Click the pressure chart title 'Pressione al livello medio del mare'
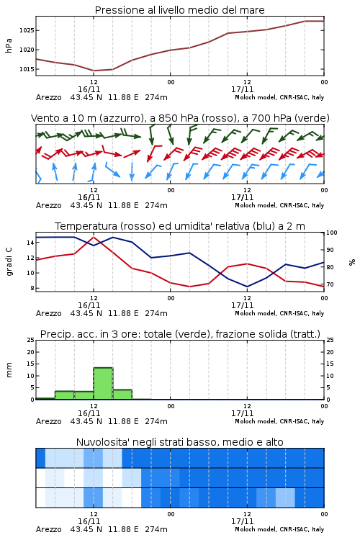click(179, 10)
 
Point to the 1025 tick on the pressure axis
click(27, 30)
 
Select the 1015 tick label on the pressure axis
click(27, 69)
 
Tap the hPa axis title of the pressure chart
click(9, 45)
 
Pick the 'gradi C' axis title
click(9, 261)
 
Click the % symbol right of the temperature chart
click(352, 262)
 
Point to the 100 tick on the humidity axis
click(332, 233)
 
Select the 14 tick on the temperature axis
click(30, 243)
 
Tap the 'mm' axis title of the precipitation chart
click(9, 369)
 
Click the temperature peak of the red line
click(94, 237)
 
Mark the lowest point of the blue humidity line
click(247, 287)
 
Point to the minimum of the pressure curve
click(94, 71)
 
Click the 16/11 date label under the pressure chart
click(89, 89)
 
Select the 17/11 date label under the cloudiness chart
click(242, 521)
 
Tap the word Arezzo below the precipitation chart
click(48, 421)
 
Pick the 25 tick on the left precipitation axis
click(30, 340)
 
